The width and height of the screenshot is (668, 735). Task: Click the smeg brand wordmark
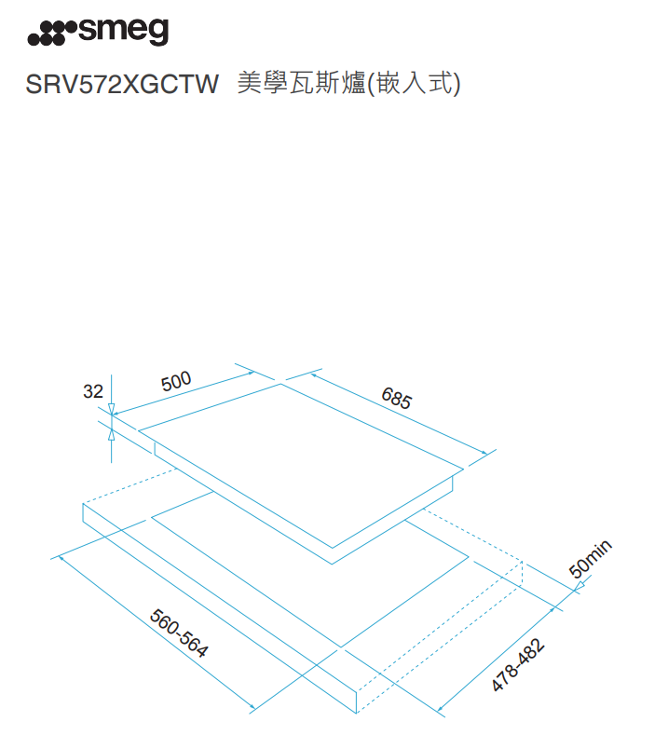click(123, 32)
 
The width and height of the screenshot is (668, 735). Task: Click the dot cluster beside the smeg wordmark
click(51, 34)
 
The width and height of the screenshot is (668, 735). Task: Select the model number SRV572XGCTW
click(122, 84)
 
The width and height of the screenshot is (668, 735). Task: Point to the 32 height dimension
click(93, 391)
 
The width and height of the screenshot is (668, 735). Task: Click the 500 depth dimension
click(176, 381)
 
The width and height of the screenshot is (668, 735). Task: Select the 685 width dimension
click(397, 398)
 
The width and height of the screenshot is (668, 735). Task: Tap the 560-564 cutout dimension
click(179, 633)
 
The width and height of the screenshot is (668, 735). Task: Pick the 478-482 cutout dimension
click(518, 665)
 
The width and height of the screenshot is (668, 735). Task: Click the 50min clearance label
click(590, 559)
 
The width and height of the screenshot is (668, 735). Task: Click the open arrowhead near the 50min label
click(579, 586)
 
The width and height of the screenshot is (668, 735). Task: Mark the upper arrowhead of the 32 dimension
click(111, 409)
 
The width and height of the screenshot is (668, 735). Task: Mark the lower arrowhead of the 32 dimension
click(111, 434)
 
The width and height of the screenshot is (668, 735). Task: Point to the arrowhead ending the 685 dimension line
click(484, 453)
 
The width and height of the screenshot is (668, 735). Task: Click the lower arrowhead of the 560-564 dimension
click(252, 707)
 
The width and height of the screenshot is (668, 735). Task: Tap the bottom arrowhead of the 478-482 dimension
click(440, 709)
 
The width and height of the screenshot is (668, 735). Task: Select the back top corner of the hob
click(280, 384)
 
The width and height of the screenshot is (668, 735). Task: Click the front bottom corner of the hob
click(332, 564)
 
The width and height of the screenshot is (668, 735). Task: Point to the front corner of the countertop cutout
click(341, 647)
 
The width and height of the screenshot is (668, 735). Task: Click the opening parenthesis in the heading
click(372, 85)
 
